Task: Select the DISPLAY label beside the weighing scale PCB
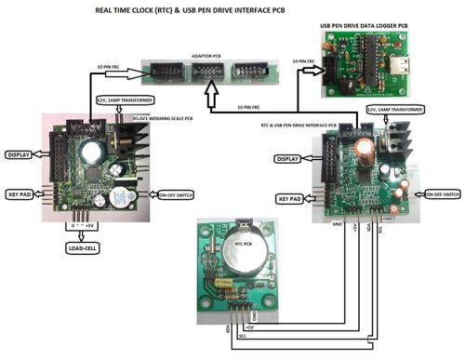click(23, 154)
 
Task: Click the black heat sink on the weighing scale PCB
click(131, 142)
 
